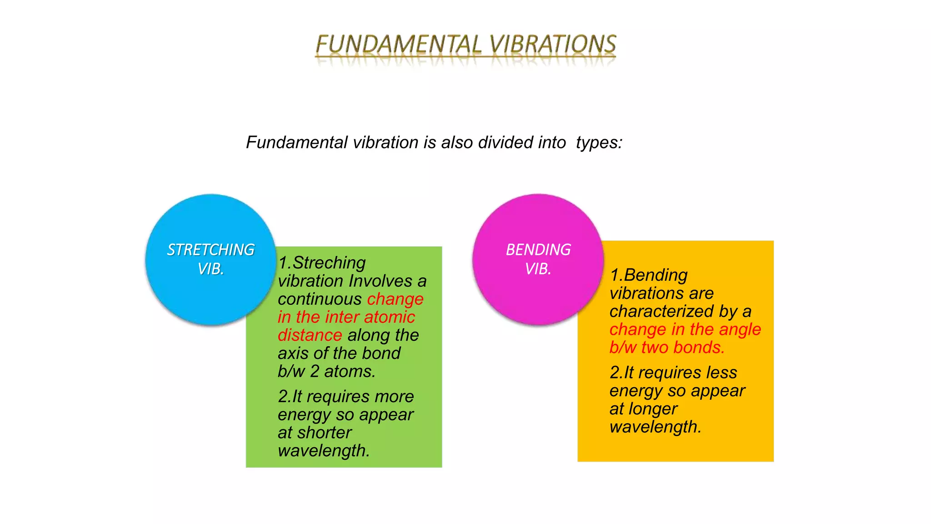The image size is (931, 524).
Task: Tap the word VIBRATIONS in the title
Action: pos(553,45)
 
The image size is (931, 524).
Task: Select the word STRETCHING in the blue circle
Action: pos(210,250)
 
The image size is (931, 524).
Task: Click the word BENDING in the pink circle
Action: pos(538,250)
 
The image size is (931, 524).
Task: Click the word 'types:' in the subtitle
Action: pos(599,142)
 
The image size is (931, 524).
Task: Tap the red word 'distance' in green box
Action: pos(310,335)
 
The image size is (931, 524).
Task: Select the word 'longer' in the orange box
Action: pos(653,409)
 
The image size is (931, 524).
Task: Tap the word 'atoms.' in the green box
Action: pos(350,372)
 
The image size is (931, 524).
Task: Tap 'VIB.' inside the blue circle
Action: pos(211,269)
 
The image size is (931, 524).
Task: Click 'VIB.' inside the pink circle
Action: pos(538,269)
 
